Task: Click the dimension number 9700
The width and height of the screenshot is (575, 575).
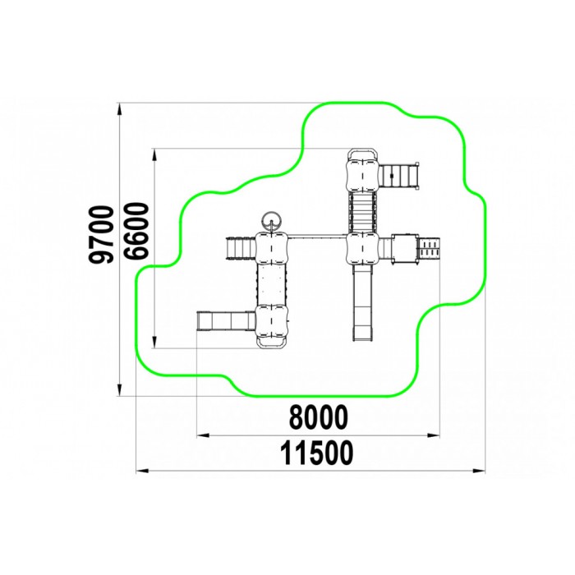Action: (x=101, y=235)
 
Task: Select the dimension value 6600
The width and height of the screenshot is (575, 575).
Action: (x=136, y=231)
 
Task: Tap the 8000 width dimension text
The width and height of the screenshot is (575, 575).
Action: (x=319, y=417)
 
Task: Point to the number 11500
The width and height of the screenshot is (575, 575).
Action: (x=317, y=453)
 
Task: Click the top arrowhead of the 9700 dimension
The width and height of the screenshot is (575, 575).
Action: (x=119, y=108)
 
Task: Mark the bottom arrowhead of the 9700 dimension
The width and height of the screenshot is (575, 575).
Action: (x=119, y=390)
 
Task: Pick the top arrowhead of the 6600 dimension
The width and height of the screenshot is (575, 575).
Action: (x=154, y=154)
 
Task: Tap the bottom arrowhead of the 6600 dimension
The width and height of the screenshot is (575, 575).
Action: (x=154, y=343)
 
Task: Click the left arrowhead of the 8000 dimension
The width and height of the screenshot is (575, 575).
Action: (x=203, y=435)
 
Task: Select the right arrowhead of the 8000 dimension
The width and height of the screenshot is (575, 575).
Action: (x=434, y=435)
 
